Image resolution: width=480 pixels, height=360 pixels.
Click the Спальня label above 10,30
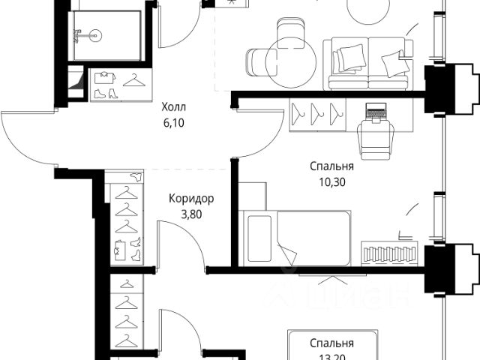tap(331, 166)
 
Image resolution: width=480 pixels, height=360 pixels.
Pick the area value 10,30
tap(331, 180)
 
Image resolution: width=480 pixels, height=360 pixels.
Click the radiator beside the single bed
tap(389, 253)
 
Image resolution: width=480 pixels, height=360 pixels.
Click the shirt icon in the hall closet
tap(104, 76)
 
